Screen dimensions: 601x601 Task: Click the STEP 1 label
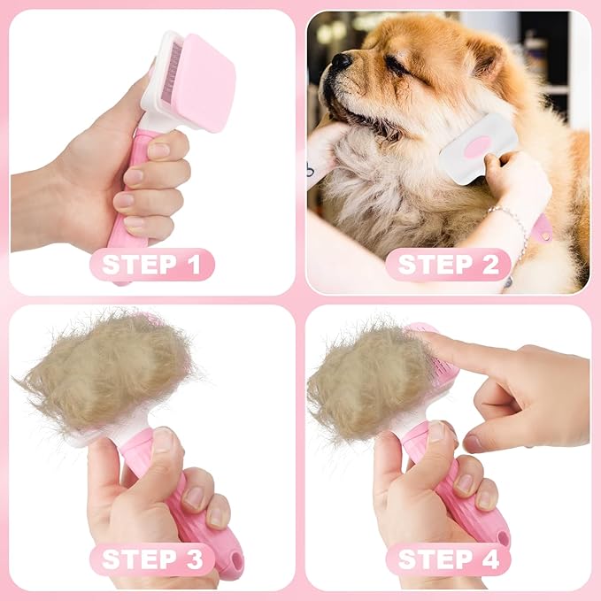151,264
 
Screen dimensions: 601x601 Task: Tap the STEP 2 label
448,264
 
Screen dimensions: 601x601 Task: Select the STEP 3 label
151,559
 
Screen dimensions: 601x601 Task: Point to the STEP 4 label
448,559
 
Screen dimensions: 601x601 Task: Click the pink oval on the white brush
479,147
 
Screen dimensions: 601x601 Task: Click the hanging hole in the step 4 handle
503,536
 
